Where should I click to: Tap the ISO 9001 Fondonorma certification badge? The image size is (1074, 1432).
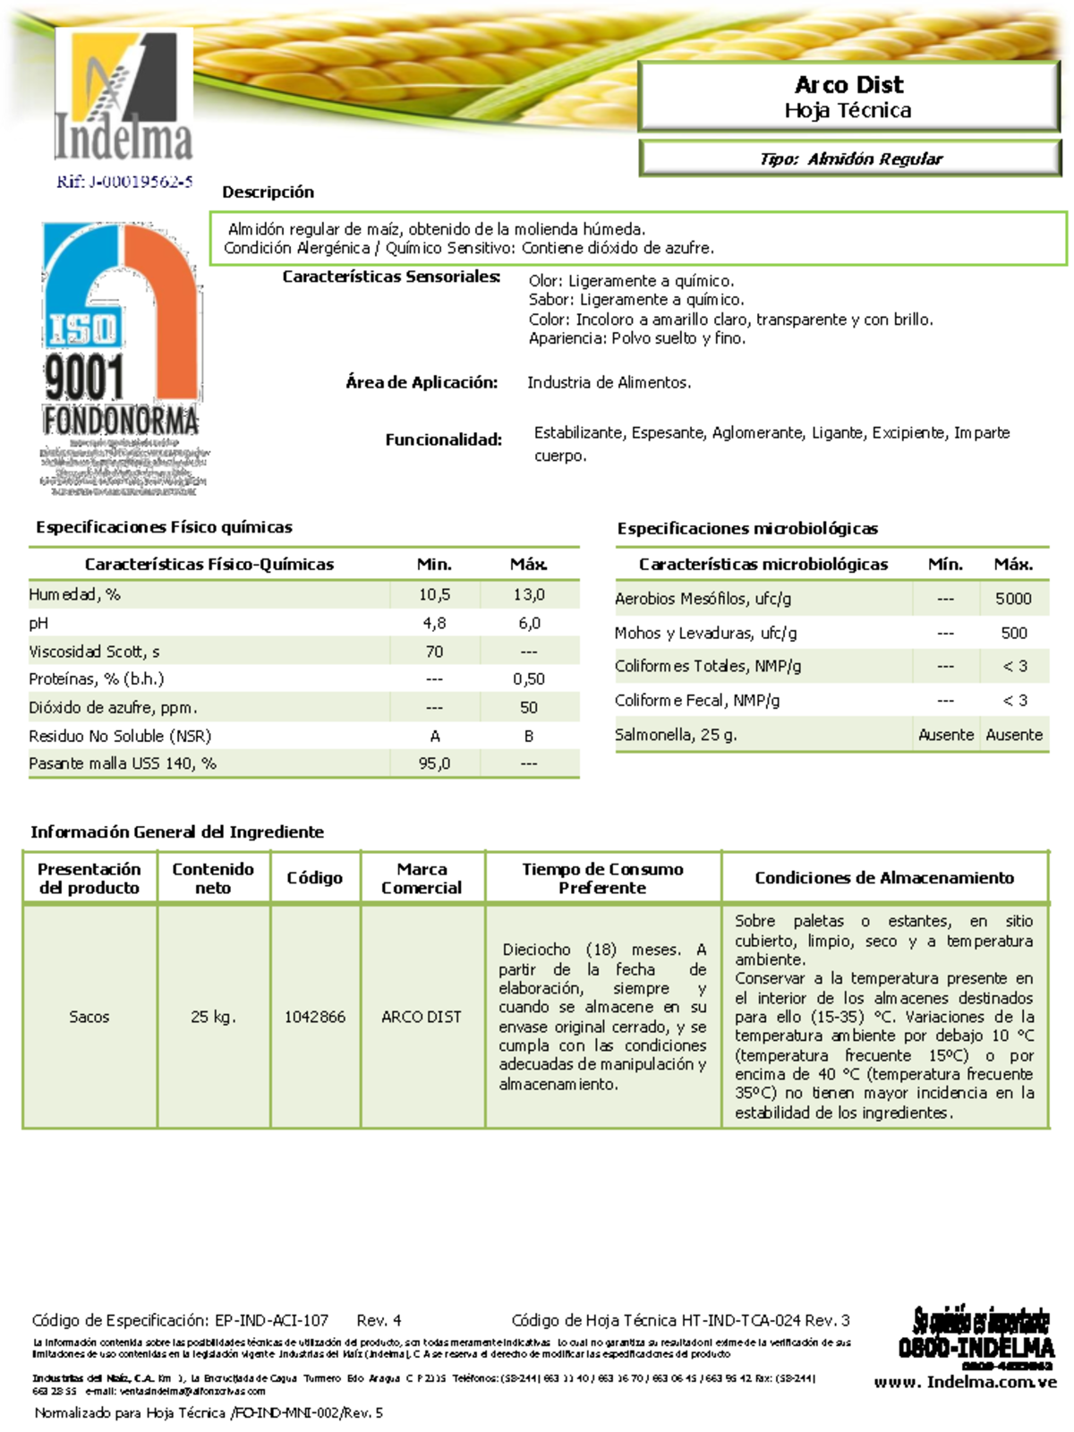pyautogui.click(x=121, y=358)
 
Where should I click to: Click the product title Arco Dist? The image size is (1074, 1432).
pyautogui.click(x=848, y=85)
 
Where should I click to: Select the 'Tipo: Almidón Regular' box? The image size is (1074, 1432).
pyautogui.click(x=849, y=159)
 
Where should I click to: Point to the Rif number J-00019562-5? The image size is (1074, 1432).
pyautogui.click(x=124, y=182)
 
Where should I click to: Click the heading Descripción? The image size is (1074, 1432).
pyautogui.click(x=268, y=192)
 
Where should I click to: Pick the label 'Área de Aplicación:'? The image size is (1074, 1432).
pyautogui.click(x=422, y=382)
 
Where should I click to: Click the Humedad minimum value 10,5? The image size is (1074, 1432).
pyautogui.click(x=434, y=594)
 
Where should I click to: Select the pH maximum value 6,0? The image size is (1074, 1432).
pyautogui.click(x=529, y=623)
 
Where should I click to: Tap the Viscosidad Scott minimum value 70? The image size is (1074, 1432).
pyautogui.click(x=434, y=652)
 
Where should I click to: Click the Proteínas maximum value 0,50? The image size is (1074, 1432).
pyautogui.click(x=529, y=679)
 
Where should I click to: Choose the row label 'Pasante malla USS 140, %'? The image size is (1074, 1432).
pyautogui.click(x=123, y=763)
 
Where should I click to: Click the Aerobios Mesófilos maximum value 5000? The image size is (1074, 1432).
pyautogui.click(x=1013, y=599)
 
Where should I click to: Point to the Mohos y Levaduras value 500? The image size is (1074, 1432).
pyautogui.click(x=1013, y=633)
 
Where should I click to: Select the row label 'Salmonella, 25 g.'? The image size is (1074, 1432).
pyautogui.click(x=676, y=735)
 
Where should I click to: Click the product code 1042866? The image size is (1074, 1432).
pyautogui.click(x=315, y=1017)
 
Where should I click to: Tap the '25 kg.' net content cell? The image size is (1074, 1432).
pyautogui.click(x=213, y=1017)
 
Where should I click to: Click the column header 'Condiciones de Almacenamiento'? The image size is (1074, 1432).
pyautogui.click(x=884, y=878)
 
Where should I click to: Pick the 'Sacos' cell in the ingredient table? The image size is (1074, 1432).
pyautogui.click(x=89, y=1017)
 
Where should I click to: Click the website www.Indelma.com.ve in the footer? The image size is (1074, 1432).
pyautogui.click(x=966, y=1382)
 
